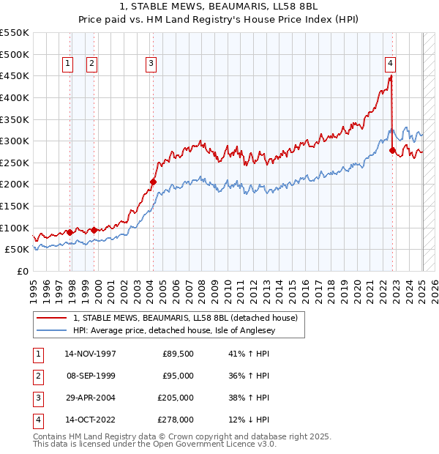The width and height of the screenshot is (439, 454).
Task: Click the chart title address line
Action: point(219,7)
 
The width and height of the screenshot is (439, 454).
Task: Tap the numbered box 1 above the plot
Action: point(67,64)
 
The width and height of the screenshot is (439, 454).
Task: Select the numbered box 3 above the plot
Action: point(150,64)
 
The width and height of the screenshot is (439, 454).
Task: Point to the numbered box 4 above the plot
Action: point(391,64)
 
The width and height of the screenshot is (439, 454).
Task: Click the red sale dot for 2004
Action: point(153,182)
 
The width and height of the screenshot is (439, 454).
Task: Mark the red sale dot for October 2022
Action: point(393,150)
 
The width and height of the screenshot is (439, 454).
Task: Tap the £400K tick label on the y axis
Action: point(15,97)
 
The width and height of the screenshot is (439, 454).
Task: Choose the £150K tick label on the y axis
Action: point(15,206)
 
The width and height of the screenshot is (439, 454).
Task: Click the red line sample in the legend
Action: point(51,319)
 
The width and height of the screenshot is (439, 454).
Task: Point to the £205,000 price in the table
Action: point(176,398)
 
